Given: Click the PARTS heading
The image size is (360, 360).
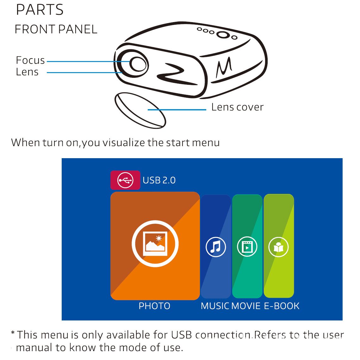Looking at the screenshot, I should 40,10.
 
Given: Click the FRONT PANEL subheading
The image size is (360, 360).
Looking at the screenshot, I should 56,29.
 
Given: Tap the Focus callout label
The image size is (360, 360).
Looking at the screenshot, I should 30,60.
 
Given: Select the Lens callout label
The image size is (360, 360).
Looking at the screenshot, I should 27,72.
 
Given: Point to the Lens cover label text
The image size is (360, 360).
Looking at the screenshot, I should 237,107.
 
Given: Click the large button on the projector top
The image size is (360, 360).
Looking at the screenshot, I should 223,34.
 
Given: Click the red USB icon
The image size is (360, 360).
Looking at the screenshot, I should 125,180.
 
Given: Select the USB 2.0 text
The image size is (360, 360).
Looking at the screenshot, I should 159,180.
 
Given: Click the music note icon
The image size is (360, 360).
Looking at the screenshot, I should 216,247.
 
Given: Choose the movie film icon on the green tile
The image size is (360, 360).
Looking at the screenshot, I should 247,247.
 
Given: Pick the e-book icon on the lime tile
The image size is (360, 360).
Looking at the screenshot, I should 278,247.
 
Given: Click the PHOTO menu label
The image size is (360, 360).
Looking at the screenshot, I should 154,306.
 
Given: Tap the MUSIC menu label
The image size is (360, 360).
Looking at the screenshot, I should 215,306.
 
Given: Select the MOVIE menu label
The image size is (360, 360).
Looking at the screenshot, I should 246,306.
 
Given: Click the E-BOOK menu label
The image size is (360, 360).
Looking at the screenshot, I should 282,306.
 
